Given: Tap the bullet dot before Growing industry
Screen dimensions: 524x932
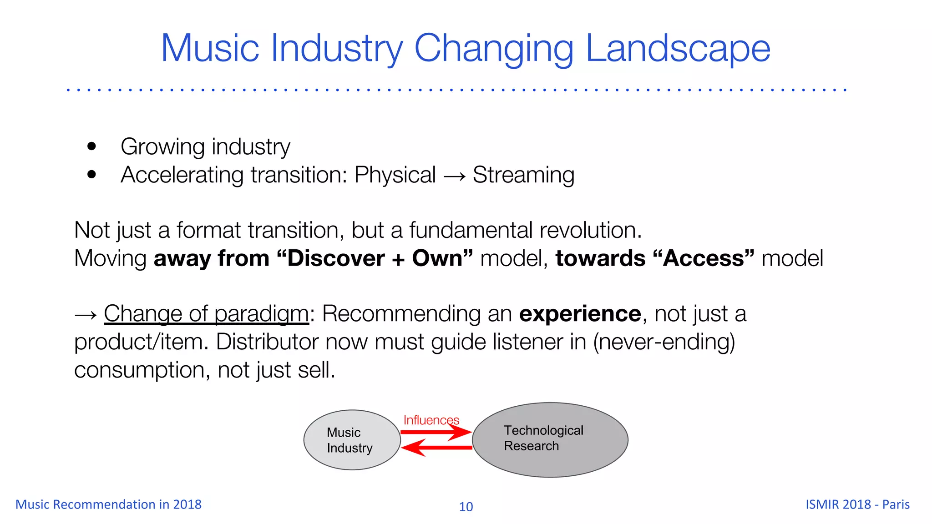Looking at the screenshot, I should coord(92,146).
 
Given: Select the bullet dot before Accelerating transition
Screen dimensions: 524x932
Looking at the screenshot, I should coord(92,174).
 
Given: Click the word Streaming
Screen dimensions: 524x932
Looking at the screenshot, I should coord(523,175).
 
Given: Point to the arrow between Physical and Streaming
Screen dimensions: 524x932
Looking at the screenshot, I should coord(454,176).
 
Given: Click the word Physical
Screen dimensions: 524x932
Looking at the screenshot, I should coord(395,175).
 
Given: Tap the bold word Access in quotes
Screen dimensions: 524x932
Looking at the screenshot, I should coord(703,258).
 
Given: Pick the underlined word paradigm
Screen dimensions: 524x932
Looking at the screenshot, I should coord(261,314).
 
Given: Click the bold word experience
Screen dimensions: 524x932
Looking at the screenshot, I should coord(580,314).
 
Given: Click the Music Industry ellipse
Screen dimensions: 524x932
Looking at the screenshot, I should coord(352,440).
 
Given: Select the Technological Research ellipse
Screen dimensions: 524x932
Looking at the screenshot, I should coord(550,440).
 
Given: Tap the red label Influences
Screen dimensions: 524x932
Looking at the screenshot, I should coord(431,420).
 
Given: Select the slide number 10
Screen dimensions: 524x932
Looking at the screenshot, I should coord(466,507).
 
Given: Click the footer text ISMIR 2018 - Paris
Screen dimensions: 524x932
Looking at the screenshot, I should coord(857,504).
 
